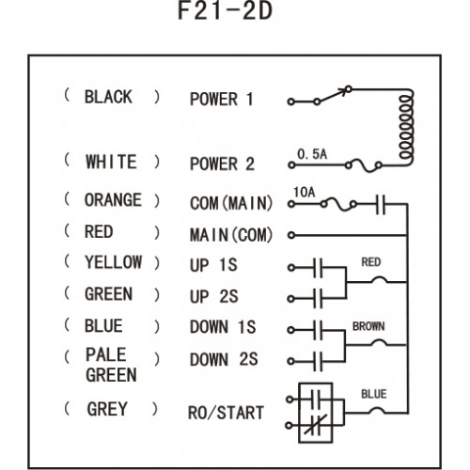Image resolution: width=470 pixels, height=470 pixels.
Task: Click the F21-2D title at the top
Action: click(225, 11)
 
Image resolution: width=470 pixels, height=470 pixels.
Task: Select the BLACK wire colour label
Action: click(108, 97)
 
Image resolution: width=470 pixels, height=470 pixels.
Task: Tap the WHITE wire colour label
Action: click(111, 162)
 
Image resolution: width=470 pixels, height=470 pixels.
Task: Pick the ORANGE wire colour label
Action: click(113, 200)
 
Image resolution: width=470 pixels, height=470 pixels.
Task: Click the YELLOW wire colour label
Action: click(113, 262)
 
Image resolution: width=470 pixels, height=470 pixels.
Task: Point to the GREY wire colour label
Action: click(107, 409)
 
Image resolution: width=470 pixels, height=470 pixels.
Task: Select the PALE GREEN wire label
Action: click(111, 365)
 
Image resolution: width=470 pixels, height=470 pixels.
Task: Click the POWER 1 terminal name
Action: click(221, 100)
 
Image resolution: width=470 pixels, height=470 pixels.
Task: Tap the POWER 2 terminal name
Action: click(222, 164)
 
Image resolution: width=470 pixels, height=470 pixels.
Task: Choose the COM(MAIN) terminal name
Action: click(231, 203)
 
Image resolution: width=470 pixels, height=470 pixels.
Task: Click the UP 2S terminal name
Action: click(213, 296)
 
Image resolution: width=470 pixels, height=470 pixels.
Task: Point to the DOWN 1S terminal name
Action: click(223, 327)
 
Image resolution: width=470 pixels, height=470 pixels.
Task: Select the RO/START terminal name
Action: click(226, 413)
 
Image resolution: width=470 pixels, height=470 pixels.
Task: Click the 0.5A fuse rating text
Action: click(312, 154)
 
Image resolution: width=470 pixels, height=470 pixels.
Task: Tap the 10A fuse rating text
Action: click(305, 193)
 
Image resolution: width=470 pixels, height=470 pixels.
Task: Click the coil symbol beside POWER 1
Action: click(406, 127)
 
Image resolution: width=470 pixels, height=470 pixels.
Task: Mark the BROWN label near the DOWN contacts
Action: click(368, 326)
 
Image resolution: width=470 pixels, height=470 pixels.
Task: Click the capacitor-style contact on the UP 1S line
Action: click(318, 268)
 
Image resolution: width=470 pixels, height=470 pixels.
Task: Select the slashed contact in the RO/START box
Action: click(316, 425)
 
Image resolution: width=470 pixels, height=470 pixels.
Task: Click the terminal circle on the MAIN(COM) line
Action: click(291, 235)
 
